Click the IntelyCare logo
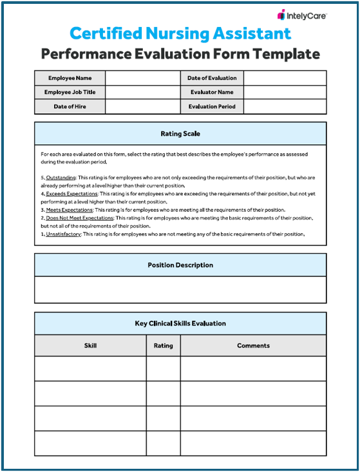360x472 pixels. tap(302, 14)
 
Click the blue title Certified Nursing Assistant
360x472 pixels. tap(180, 33)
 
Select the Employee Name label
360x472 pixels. tap(70, 78)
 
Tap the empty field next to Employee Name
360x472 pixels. tap(143, 78)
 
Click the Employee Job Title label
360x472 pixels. tap(70, 92)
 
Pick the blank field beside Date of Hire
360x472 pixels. tap(143, 106)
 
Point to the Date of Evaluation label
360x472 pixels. tap(212, 78)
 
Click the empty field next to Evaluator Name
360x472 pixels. tap(285, 92)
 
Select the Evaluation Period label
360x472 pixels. tap(212, 106)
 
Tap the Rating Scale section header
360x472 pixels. tap(180, 134)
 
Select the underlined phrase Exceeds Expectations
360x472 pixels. tap(71, 193)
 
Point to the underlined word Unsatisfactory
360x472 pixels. tap(65, 234)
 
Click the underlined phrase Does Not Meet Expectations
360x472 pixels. tap(80, 218)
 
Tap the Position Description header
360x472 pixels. tap(180, 265)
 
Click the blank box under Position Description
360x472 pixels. tap(180, 289)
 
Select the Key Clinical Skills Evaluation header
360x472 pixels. tap(180, 323)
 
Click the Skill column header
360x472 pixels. tap(90, 346)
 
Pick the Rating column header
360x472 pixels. tap(163, 346)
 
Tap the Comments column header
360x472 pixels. tap(253, 346)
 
